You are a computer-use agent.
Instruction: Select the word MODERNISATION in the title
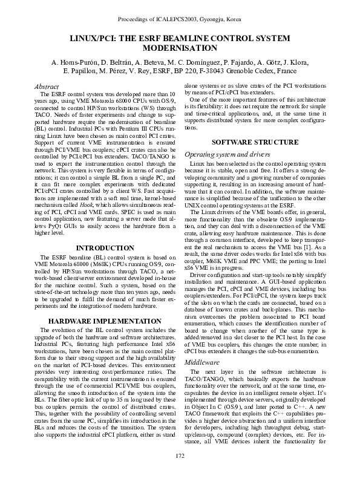[x=179, y=47]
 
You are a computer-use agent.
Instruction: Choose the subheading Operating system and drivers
[x=222, y=154]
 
